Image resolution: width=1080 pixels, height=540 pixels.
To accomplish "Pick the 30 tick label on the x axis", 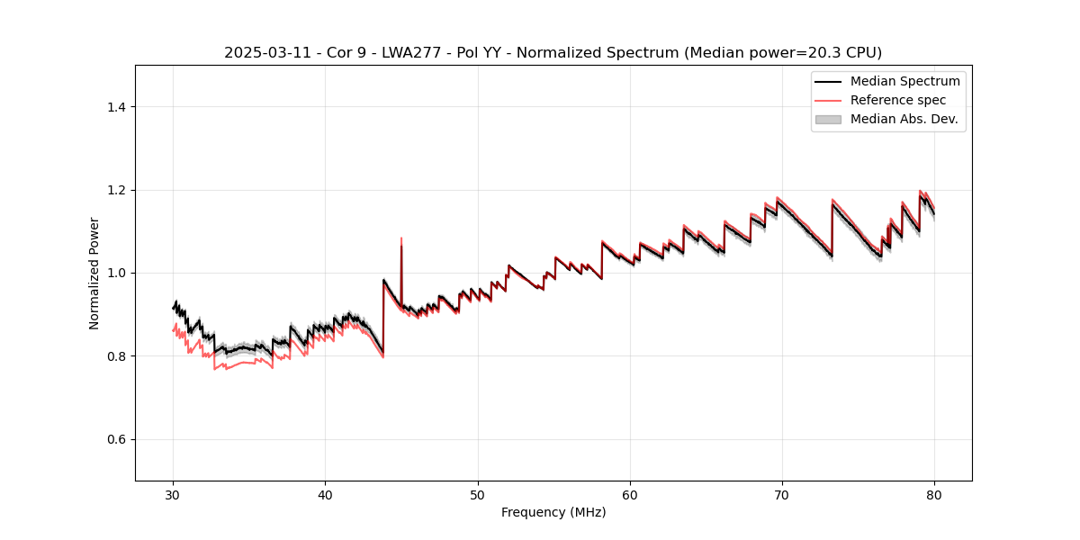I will click(174, 494).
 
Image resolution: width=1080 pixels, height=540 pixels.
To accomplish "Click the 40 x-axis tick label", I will click(326, 494).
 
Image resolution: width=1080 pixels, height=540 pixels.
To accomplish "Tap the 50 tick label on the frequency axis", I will click(478, 494).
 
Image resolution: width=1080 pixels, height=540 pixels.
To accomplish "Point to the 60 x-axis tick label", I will click(630, 494).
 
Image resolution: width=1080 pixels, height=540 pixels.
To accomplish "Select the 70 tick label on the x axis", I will click(782, 494).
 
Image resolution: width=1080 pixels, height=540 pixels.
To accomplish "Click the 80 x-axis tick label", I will click(934, 494).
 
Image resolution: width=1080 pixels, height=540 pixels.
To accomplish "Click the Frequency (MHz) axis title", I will click(553, 512).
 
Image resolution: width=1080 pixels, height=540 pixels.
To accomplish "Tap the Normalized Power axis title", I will click(94, 273).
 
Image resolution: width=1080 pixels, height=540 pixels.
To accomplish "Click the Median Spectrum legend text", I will click(904, 81).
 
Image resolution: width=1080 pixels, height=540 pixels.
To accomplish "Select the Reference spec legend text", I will click(898, 100).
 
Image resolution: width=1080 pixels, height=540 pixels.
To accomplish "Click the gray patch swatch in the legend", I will click(828, 119).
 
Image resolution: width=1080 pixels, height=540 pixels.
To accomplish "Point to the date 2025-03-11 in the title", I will click(261, 53).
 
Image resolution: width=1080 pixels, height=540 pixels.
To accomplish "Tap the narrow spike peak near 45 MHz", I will click(401, 238).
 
